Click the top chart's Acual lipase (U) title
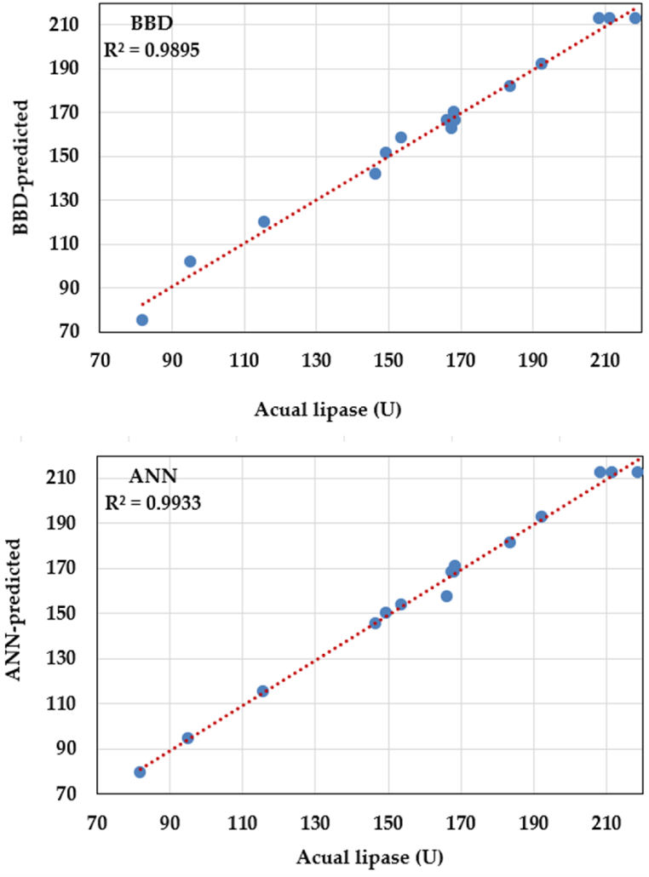(327, 409)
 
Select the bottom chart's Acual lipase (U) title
(369, 856)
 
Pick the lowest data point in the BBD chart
(142, 320)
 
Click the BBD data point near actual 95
(190, 261)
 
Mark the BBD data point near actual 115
(264, 221)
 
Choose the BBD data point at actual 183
(509, 86)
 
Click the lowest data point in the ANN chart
(140, 771)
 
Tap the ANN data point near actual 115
(262, 691)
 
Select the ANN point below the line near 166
(446, 596)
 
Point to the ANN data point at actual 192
(541, 517)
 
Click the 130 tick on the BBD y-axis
(67, 200)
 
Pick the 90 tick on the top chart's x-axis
(171, 358)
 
